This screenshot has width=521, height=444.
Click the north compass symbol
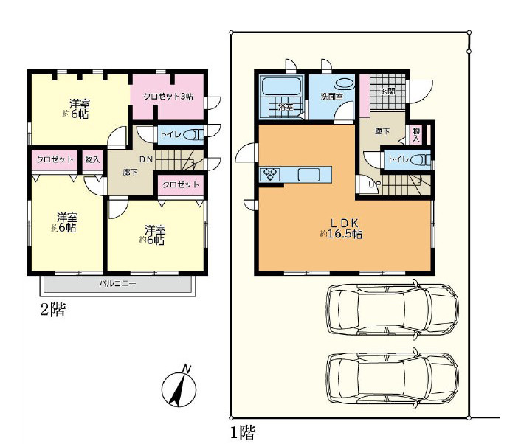179,388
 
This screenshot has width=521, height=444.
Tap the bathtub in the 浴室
282,86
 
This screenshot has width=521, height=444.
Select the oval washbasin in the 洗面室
344,83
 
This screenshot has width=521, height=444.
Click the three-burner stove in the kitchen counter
270,174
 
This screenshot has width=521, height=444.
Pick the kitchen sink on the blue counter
308,174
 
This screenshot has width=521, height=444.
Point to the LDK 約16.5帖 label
341,229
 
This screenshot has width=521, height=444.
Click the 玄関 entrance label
387,91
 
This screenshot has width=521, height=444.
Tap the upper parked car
393,309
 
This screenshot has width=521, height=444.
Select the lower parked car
393,378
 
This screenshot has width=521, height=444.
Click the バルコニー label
118,284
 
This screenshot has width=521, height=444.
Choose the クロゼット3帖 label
168,97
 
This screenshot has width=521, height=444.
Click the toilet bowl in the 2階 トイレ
193,135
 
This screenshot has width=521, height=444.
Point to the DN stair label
146,159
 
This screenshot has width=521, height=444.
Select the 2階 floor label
53,310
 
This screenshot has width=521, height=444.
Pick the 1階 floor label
243,433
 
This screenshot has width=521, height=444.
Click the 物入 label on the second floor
92,159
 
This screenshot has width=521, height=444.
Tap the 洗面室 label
331,97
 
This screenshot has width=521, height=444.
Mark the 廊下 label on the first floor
382,131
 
